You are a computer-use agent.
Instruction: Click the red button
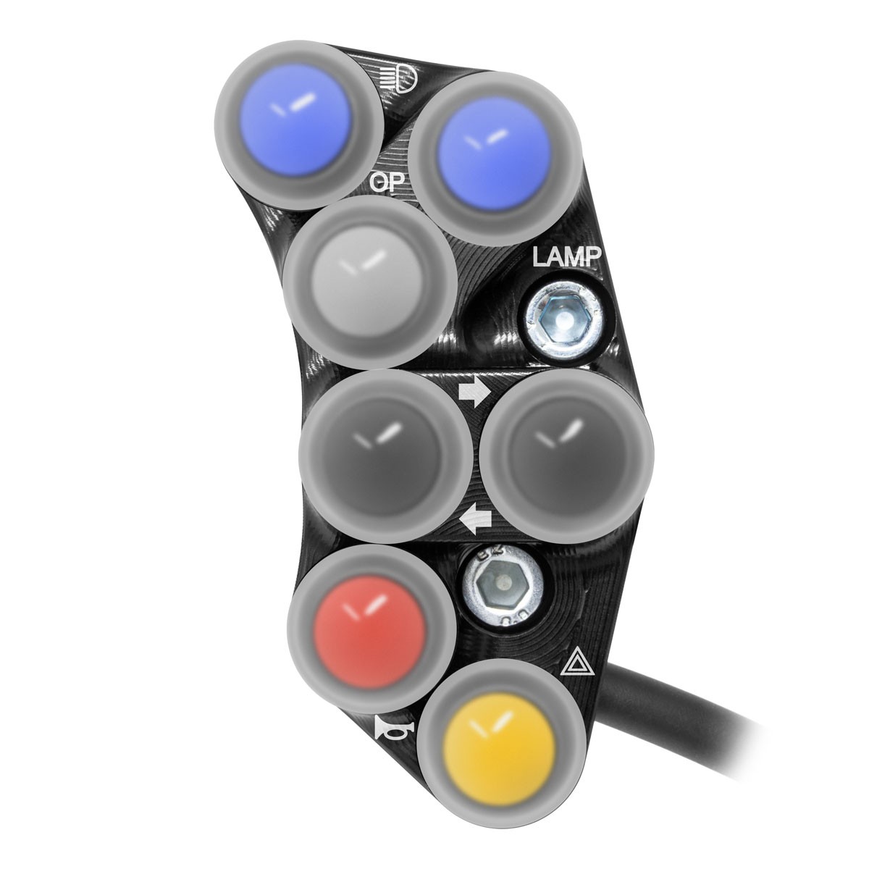click(x=371, y=629)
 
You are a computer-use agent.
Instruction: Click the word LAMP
click(x=567, y=258)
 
